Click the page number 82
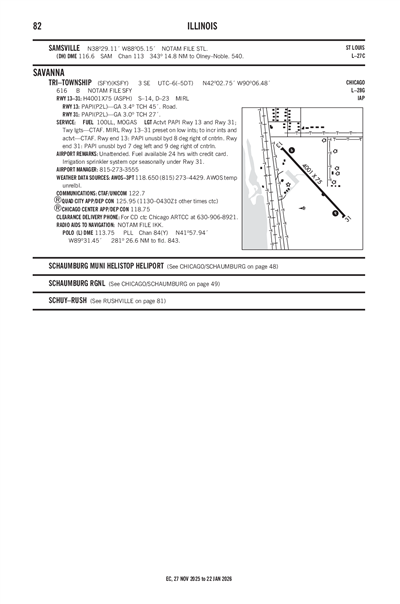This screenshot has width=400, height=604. click(x=37, y=25)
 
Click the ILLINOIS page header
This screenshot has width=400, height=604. click(x=199, y=25)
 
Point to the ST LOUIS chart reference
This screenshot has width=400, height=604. click(x=354, y=47)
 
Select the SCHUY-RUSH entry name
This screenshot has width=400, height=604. click(x=67, y=300)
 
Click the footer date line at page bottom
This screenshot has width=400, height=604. click(x=199, y=578)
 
